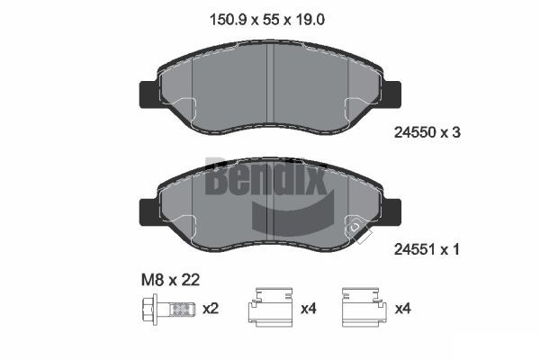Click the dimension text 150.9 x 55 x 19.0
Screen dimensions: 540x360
(267, 20)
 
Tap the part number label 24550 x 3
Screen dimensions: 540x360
(427, 132)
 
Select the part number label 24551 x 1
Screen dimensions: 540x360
(427, 249)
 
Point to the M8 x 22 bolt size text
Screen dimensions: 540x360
(170, 280)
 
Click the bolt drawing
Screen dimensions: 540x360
(168, 309)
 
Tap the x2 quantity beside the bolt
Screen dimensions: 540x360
(211, 309)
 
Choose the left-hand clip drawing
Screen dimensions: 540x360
(270, 307)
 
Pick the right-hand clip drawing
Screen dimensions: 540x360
(363, 307)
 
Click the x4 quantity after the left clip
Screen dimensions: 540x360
(308, 309)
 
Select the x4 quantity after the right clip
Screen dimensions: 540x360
(402, 309)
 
